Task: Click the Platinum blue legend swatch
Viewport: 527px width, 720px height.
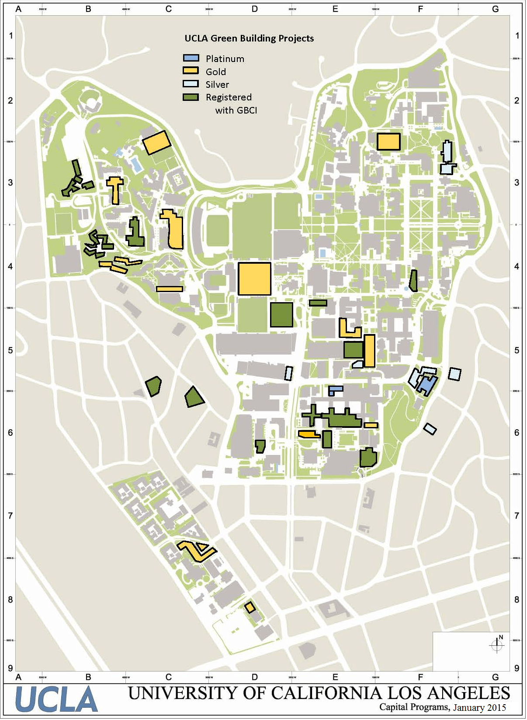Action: click(x=191, y=58)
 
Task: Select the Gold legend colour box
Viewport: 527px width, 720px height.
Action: click(x=191, y=71)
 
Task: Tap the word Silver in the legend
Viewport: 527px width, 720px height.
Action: click(x=217, y=84)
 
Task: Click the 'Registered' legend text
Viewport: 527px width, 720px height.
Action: click(x=229, y=97)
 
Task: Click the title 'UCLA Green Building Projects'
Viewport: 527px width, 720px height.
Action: click(x=249, y=38)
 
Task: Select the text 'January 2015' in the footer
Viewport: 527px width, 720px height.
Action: click(x=479, y=707)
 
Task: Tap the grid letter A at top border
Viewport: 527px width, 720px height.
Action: click(x=18, y=9)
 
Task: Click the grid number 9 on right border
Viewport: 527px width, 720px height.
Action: click(x=517, y=668)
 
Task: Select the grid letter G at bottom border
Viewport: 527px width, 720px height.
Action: click(x=495, y=677)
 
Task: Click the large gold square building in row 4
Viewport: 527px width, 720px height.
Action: click(x=254, y=279)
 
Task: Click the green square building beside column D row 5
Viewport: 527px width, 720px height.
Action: click(x=281, y=314)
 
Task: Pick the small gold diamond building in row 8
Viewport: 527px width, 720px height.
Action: click(x=250, y=607)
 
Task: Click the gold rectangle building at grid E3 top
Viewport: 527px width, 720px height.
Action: click(x=388, y=142)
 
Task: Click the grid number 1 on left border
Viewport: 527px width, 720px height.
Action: click(x=11, y=36)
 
